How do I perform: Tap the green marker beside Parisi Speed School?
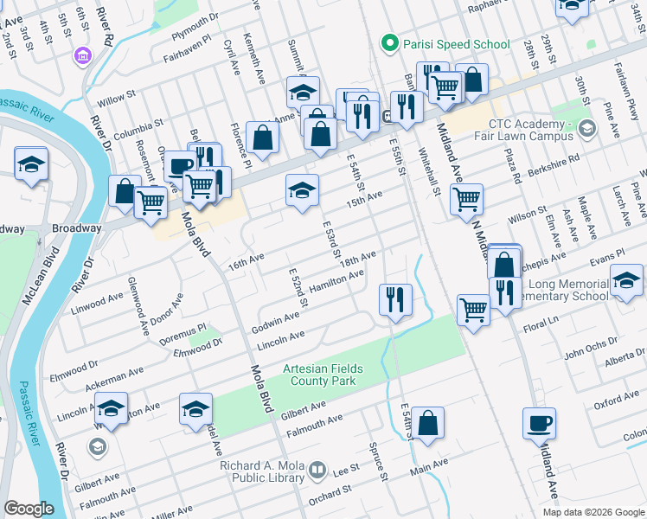pos(390,43)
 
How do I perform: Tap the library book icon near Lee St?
pos(317,471)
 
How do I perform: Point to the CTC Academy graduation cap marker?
pos(588,130)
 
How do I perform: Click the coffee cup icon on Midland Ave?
pos(540,423)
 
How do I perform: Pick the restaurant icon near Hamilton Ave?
pos(395,299)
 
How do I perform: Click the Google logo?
pos(29,509)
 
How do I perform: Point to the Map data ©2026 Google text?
pos(593,512)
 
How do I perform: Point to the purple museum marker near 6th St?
pos(83,56)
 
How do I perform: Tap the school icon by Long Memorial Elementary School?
pos(626,280)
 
